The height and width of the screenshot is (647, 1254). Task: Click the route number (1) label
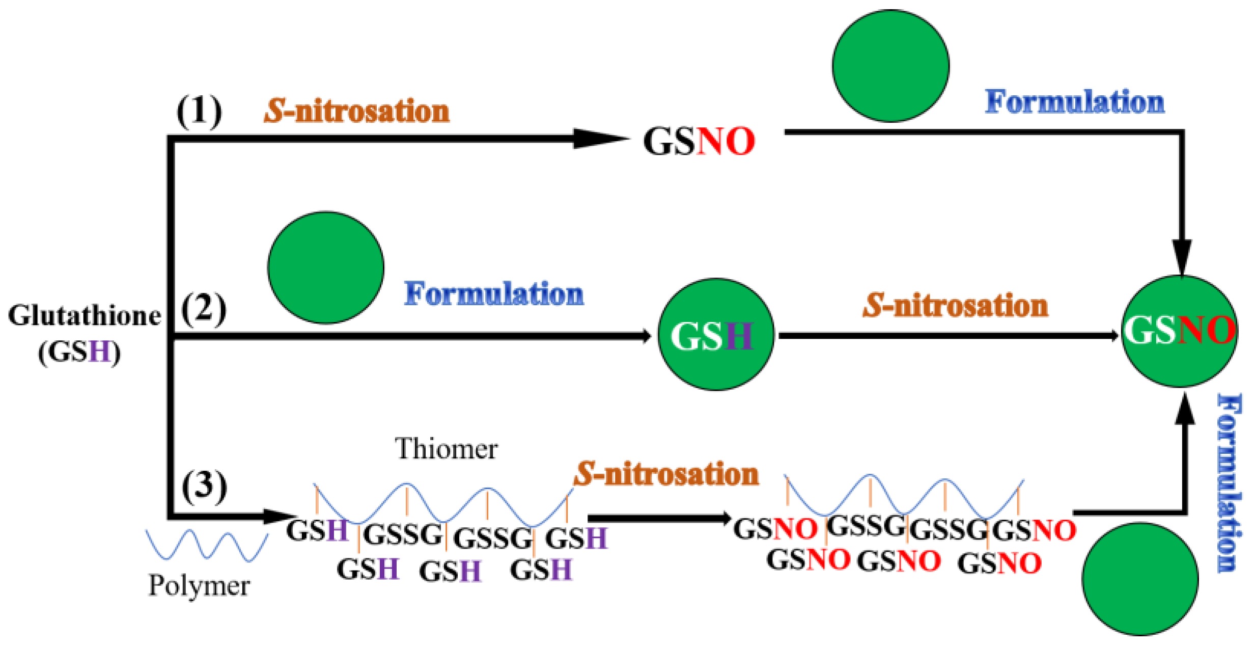pos(199,112)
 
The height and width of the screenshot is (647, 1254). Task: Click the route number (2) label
pos(204,309)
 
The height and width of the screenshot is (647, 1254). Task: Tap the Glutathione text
pos(85,316)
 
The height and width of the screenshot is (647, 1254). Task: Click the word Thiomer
pos(447,449)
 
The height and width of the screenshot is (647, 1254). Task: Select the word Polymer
pos(199,586)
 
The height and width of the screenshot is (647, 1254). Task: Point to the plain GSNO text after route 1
pos(699,142)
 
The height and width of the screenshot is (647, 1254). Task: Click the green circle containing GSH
pos(716,335)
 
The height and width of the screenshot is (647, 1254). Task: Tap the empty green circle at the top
pos(891,66)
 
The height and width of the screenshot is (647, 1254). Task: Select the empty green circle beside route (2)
pos(326,268)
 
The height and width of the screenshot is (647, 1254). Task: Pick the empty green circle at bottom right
pos(1140,579)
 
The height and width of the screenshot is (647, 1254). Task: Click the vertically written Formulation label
pos(1230,483)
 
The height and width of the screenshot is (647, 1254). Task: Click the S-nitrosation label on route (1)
pos(357,111)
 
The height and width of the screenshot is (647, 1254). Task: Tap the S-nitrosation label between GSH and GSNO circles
pos(956,306)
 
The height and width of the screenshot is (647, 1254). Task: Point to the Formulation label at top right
pos(1075,102)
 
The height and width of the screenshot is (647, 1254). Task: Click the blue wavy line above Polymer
pos(206,545)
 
